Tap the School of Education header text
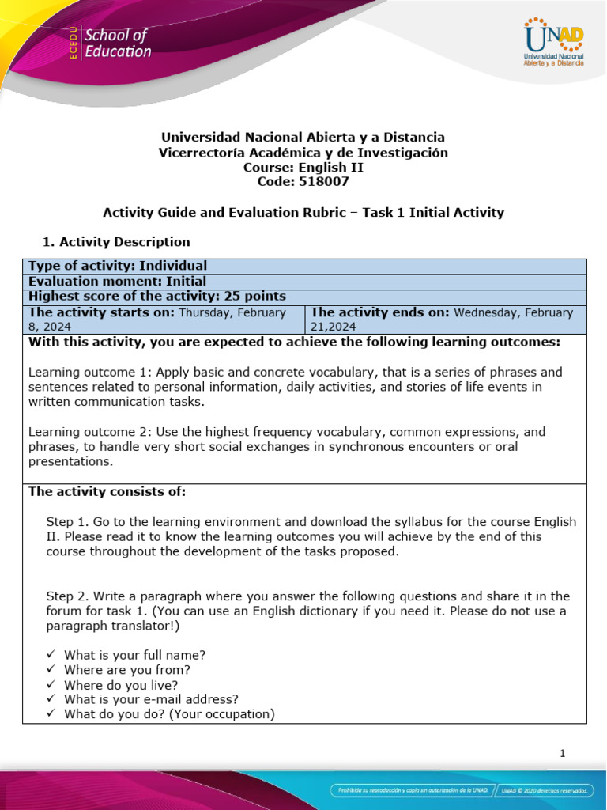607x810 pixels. click(x=117, y=44)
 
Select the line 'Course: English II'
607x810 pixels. click(x=303, y=167)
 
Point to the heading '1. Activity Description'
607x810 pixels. click(x=115, y=241)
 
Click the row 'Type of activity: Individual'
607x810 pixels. click(x=118, y=266)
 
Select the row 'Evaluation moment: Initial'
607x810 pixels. click(x=117, y=281)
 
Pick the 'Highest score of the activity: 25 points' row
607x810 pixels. click(x=156, y=296)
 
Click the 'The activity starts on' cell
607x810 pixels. click(x=163, y=319)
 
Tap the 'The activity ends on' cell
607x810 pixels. click(x=445, y=319)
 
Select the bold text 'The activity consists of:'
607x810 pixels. click(x=107, y=491)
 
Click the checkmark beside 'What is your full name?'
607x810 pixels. click(x=51, y=655)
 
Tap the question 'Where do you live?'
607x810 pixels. click(x=121, y=684)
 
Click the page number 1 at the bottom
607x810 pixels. click(x=562, y=753)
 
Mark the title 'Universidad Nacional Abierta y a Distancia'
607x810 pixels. click(x=303, y=138)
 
